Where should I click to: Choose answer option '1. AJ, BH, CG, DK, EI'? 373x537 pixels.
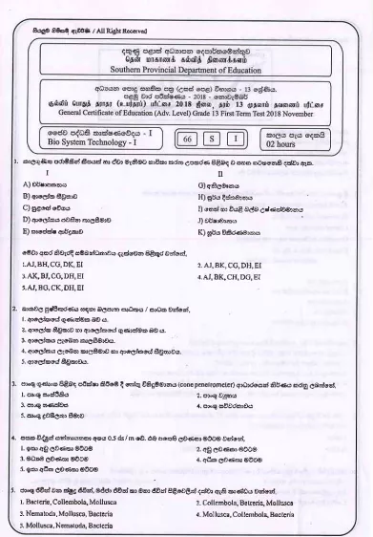click(76, 262)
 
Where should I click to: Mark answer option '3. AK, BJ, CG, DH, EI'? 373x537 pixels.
click(77, 274)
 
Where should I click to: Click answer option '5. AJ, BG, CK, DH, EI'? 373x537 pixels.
click(77, 287)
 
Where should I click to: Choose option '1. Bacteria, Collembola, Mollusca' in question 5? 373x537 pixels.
click(91, 501)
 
